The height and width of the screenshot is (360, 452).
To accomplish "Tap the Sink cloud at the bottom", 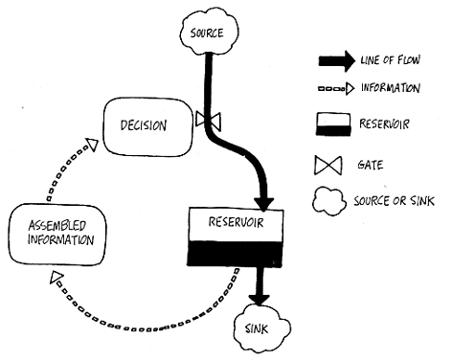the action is coord(262,328).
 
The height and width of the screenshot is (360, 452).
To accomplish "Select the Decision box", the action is coord(148,127).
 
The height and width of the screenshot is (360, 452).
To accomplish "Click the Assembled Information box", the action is coord(57,235).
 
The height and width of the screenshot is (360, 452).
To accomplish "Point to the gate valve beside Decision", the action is coord(208,121).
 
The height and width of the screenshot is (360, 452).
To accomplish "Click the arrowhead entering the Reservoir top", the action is coord(264,204).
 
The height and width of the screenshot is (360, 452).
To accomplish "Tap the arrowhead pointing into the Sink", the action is coord(260,300).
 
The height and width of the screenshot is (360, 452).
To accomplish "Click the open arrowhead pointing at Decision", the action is coord(93,145).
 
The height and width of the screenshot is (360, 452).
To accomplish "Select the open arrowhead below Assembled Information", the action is coord(56,278).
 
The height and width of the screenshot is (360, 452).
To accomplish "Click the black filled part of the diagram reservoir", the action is coord(235,254).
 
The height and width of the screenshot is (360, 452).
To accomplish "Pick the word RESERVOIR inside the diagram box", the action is coord(236,222).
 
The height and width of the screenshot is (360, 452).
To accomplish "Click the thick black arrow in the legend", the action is coord(336,60).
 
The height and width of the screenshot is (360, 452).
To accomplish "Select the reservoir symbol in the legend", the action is coord(333,124).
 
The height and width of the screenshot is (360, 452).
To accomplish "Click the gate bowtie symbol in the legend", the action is coord(328,166).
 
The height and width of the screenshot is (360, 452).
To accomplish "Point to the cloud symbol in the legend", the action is coord(329,201).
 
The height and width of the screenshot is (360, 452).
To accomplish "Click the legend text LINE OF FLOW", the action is coord(390,60).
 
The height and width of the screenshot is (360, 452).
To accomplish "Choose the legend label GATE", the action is coord(371,165).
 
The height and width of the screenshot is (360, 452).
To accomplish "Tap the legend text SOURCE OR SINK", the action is coord(394,201).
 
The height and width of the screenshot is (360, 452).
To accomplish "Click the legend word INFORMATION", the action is coord(390,88).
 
